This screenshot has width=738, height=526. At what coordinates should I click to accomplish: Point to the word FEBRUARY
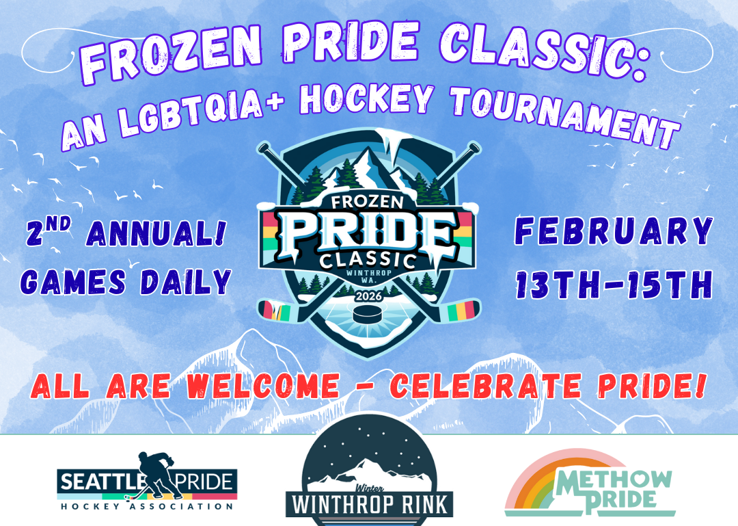612,233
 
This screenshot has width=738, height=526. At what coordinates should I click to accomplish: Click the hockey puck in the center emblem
369,316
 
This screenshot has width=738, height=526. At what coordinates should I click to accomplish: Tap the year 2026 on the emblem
369,296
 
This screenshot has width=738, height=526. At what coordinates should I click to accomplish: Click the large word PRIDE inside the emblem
369,235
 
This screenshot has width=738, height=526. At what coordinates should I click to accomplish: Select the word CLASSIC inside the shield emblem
369,261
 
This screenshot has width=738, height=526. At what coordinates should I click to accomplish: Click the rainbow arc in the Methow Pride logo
540,472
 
